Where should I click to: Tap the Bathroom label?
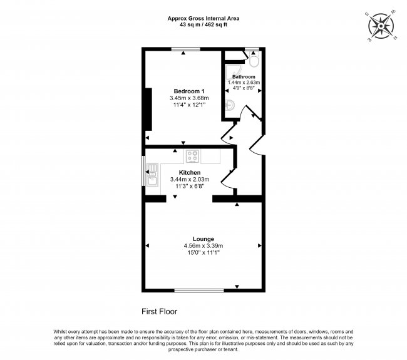[x=244, y=76]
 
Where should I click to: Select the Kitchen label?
[x=189, y=172]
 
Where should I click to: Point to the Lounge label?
[x=203, y=239]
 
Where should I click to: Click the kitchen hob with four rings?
[x=192, y=157]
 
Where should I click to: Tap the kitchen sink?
[x=152, y=178]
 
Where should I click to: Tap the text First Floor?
[x=160, y=311]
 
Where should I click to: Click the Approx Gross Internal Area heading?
[x=203, y=18]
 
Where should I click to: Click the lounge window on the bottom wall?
[x=192, y=290]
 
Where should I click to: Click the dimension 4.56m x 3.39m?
[x=203, y=245]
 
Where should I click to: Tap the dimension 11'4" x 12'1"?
[x=189, y=105]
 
